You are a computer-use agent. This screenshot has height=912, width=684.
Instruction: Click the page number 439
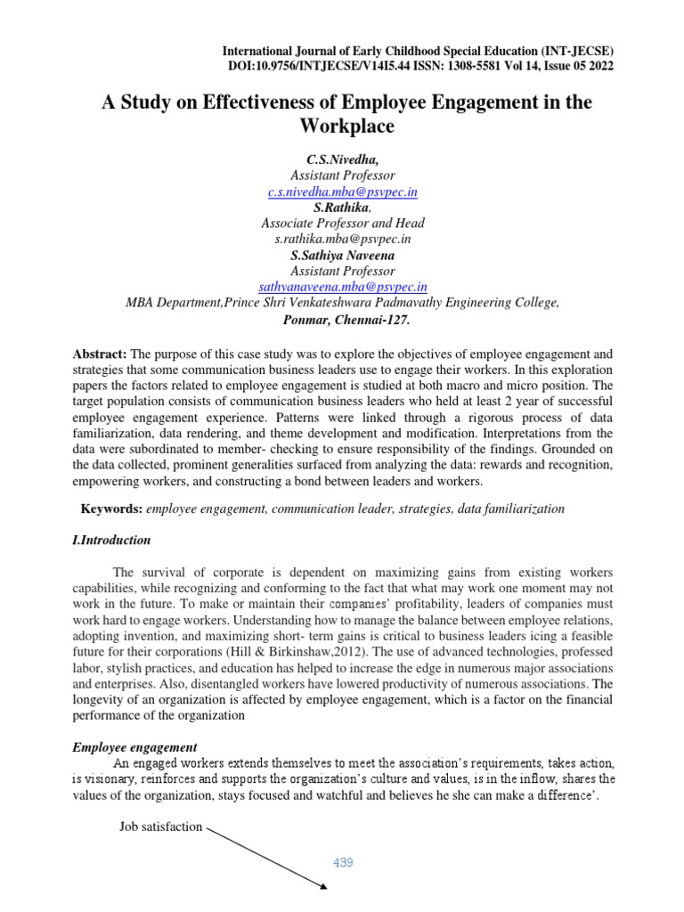pyautogui.click(x=343, y=862)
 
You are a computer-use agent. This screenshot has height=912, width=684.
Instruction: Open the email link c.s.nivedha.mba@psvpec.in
pyautogui.click(x=343, y=191)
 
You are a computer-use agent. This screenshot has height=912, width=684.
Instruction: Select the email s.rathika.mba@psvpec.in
pyautogui.click(x=343, y=240)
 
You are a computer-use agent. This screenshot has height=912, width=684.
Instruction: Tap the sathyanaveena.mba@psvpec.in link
pyautogui.click(x=343, y=287)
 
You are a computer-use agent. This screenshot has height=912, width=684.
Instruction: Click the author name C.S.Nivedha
pyautogui.click(x=342, y=159)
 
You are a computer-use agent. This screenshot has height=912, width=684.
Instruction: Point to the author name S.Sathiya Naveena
pyautogui.click(x=343, y=255)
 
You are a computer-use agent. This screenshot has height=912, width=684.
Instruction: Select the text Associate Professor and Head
pyautogui.click(x=343, y=224)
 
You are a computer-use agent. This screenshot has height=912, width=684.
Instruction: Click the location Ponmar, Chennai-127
pyautogui.click(x=343, y=319)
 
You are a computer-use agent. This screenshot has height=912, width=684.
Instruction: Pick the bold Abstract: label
pyautogui.click(x=101, y=354)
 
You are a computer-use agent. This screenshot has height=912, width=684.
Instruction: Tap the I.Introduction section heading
pyautogui.click(x=111, y=540)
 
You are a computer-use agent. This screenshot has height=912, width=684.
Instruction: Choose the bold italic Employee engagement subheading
pyautogui.click(x=134, y=746)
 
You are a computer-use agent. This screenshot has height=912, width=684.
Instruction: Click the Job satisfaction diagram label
pyautogui.click(x=161, y=826)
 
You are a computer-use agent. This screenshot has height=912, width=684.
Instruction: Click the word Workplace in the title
pyautogui.click(x=343, y=126)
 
